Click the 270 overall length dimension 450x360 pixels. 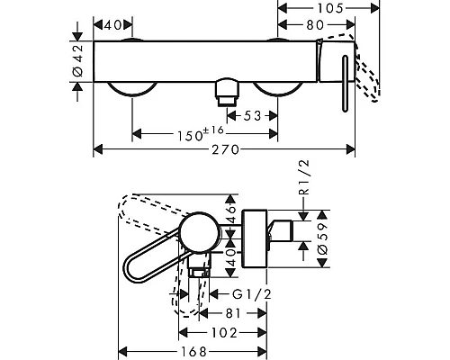(x=226, y=149)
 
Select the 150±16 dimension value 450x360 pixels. (x=201, y=134)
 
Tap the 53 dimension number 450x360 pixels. (x=252, y=116)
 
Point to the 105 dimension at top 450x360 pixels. (x=330, y=8)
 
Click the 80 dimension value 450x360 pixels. (x=315, y=25)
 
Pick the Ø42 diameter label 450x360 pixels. (x=77, y=60)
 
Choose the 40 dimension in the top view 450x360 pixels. (x=112, y=25)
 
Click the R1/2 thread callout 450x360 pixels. (x=304, y=177)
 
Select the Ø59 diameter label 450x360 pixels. (x=322, y=238)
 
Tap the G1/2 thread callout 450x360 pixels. (x=252, y=294)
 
